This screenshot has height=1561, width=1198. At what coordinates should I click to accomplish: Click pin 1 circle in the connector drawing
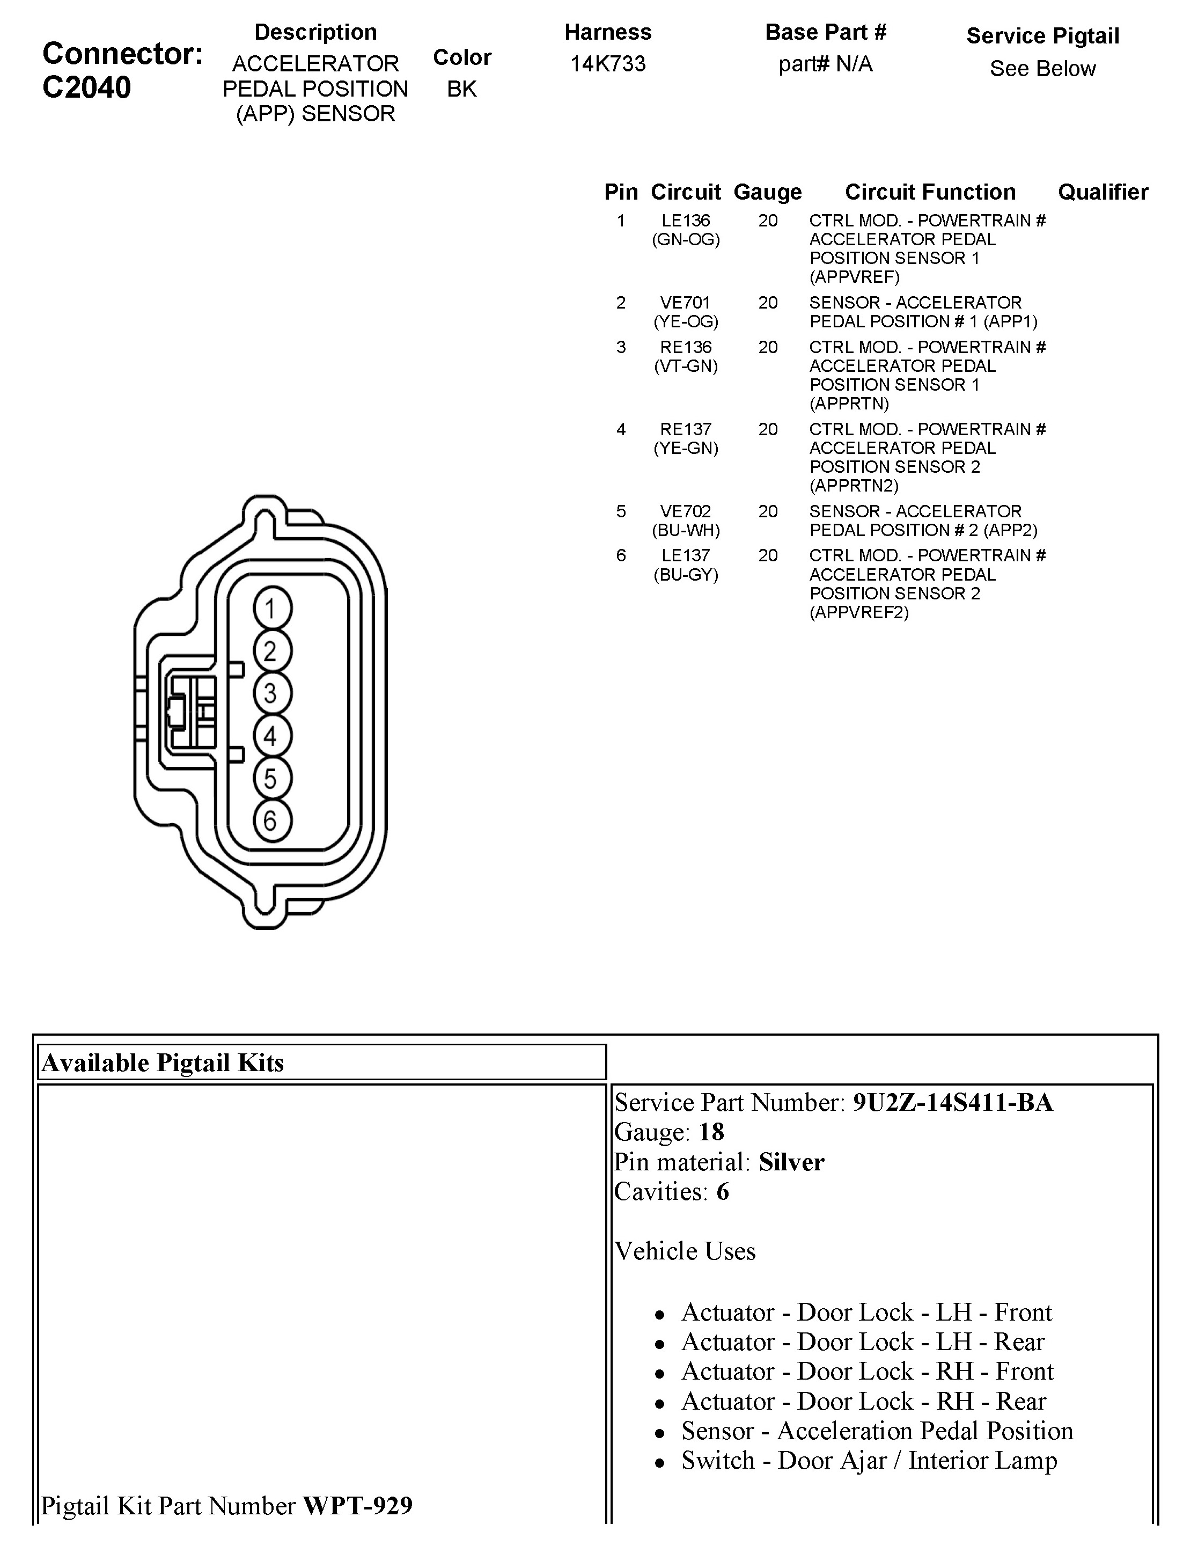pos(271,609)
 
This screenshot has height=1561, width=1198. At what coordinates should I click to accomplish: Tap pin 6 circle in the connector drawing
pos(271,820)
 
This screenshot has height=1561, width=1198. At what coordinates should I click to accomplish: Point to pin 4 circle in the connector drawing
pos(271,736)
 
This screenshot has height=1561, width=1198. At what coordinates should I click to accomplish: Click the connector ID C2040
pos(86,87)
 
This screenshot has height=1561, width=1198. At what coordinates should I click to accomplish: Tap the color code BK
pos(461,89)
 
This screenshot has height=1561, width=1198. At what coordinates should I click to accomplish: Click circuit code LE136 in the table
pos(685,221)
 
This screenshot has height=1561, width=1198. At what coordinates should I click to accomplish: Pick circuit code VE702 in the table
pos(685,511)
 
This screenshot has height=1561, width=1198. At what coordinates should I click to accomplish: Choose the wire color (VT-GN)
pos(685,367)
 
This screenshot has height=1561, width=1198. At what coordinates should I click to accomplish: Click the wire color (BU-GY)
pos(685,575)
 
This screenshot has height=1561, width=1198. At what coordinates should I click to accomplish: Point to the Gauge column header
pos(767,192)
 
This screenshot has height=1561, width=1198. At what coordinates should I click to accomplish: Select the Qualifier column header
pos(1103,192)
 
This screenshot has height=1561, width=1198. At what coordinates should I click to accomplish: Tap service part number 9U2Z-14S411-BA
pos(953,1103)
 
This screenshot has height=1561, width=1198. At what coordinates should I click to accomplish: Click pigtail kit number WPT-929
pos(358,1505)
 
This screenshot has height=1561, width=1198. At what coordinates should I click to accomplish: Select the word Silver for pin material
pos(791,1162)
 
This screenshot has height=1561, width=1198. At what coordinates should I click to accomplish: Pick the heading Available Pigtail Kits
pos(163,1062)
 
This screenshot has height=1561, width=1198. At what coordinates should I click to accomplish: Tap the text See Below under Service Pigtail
pos(1042,69)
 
